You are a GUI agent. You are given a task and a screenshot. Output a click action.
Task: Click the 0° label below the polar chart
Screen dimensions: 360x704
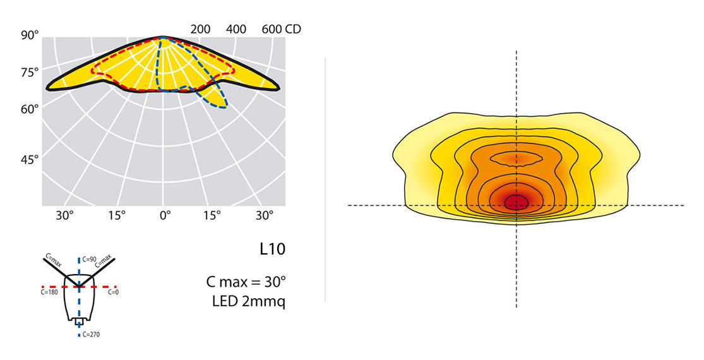coord(165,215)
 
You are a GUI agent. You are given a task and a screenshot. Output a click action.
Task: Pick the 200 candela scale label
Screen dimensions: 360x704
coord(200,29)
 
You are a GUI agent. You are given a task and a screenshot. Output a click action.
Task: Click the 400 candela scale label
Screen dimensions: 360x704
coord(236,29)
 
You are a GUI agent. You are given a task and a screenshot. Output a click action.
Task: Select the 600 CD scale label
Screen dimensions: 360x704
coord(280,29)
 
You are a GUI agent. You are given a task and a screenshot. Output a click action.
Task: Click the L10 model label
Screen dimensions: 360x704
coord(272,249)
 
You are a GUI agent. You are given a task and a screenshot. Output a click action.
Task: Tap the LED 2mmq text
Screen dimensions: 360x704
coord(249,301)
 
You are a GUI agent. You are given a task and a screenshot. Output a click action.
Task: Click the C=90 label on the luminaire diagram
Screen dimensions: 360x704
coord(88,260)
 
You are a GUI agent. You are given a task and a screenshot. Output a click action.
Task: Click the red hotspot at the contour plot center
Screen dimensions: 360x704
coord(516,202)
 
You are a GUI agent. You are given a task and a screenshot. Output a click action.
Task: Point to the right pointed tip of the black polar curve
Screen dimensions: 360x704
coord(280,87)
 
